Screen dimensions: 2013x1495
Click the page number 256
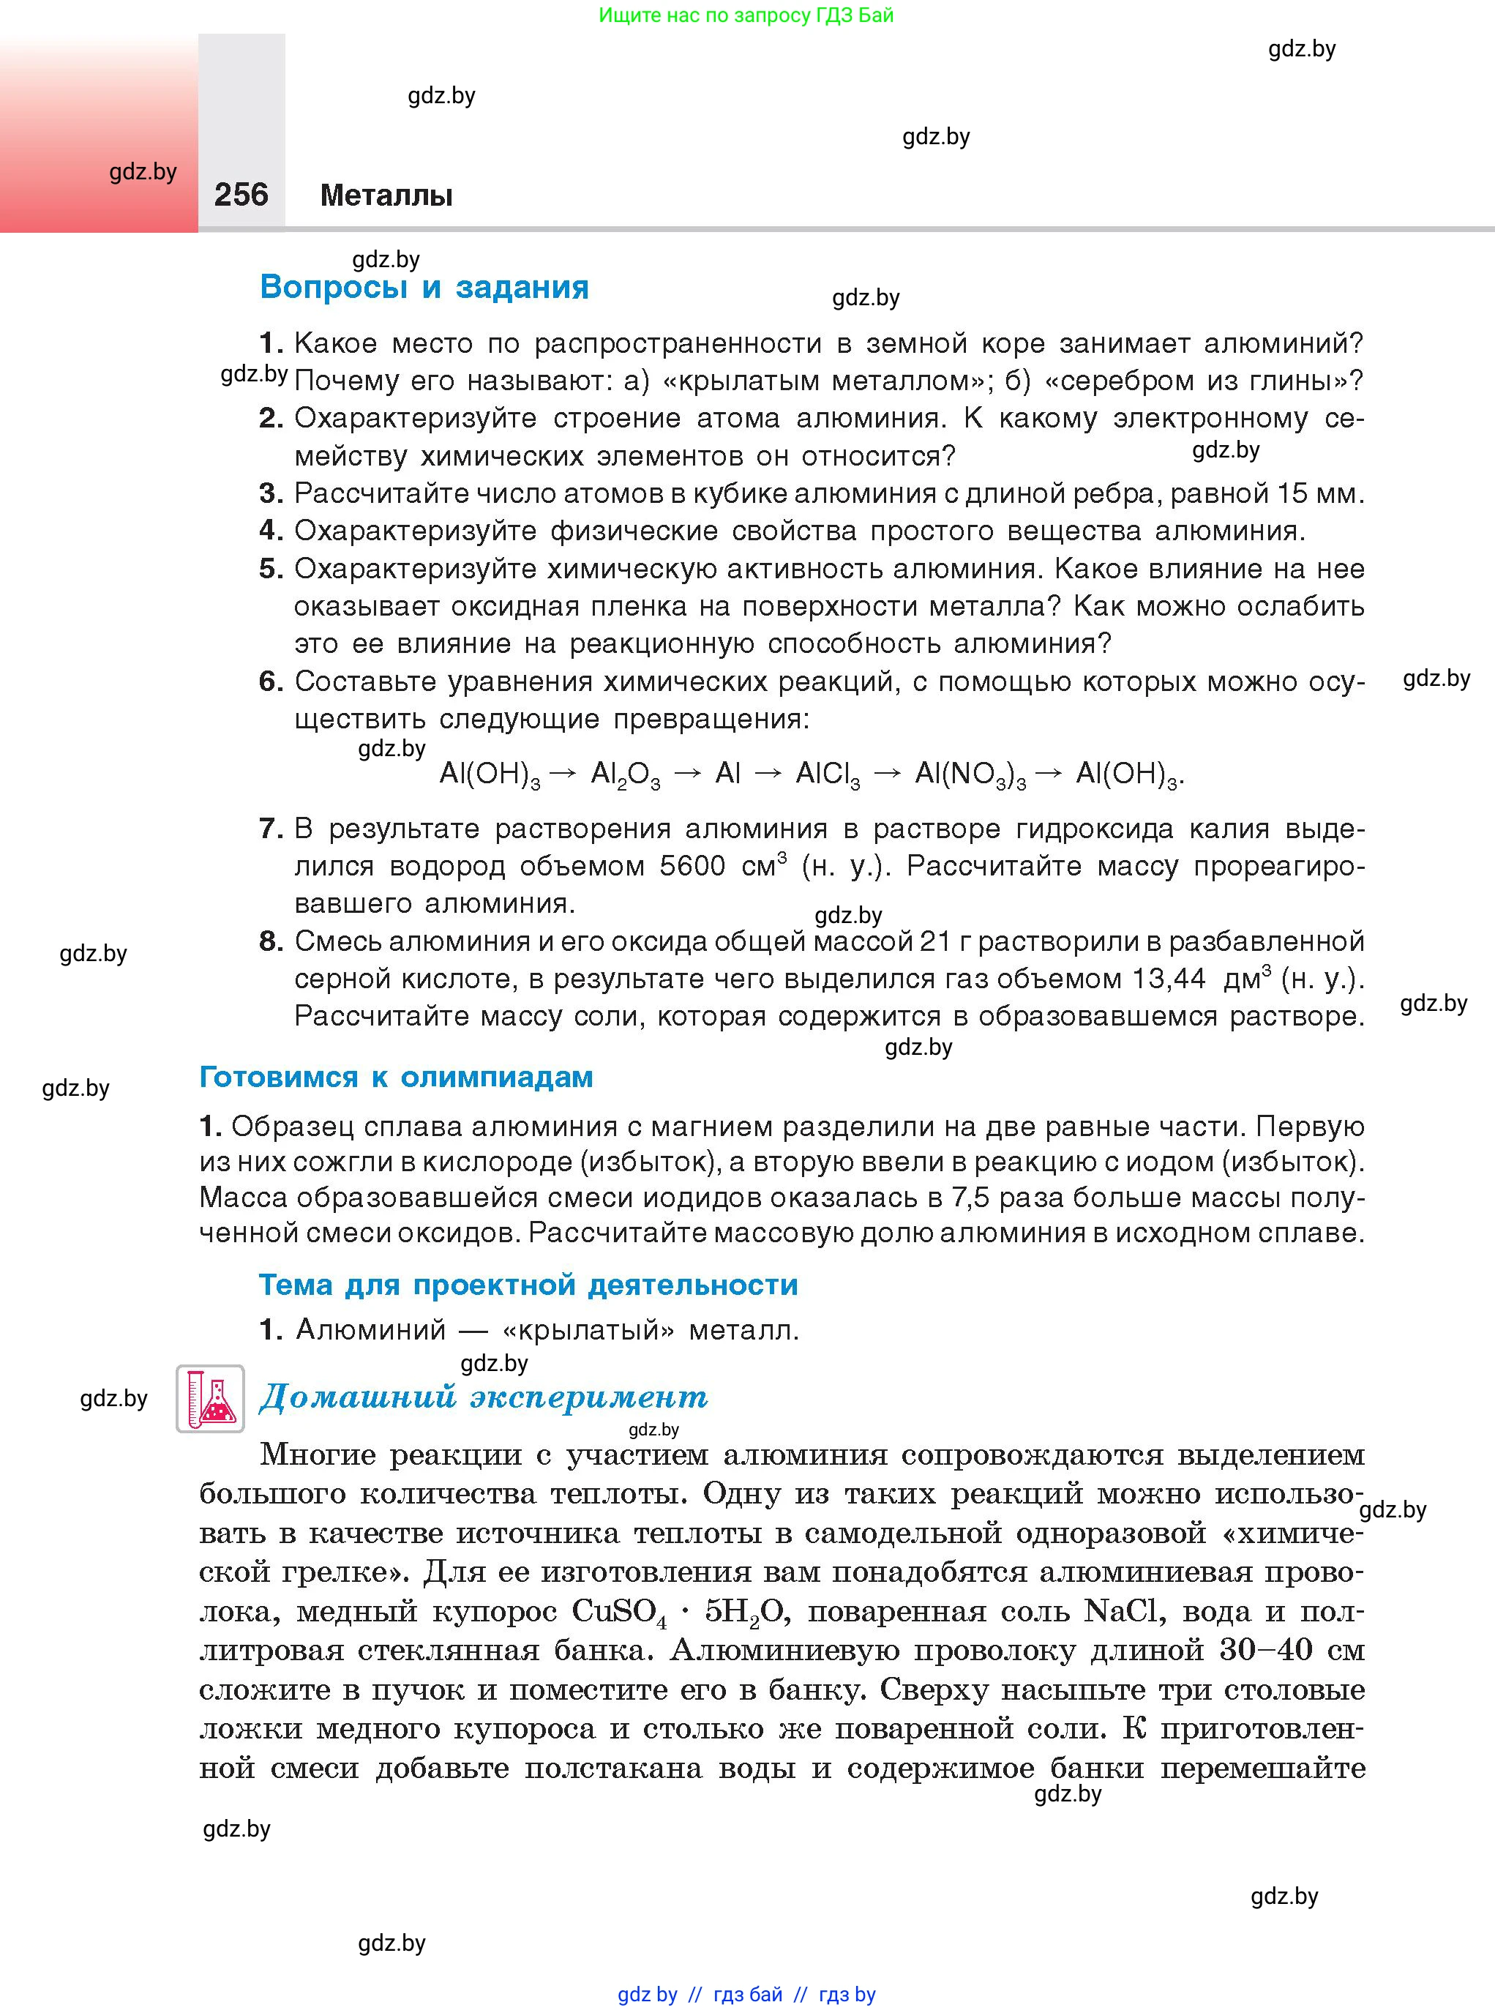pos(241,195)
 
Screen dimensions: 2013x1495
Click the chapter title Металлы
pos(386,195)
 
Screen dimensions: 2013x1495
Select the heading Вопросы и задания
pos(424,287)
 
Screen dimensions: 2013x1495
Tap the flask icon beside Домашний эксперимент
pos(210,1398)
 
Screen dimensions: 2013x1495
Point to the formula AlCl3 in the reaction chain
pos(827,774)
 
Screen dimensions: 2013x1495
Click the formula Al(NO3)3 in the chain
pos(969,774)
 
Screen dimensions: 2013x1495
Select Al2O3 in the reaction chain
pos(624,774)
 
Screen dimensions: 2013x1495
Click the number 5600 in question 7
pos(692,866)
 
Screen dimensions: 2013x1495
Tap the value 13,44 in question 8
pos(1169,979)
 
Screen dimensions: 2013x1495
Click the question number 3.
pos(271,493)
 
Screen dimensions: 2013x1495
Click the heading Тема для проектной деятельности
pos(528,1285)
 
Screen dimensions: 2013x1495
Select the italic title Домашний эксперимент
pos(483,1397)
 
